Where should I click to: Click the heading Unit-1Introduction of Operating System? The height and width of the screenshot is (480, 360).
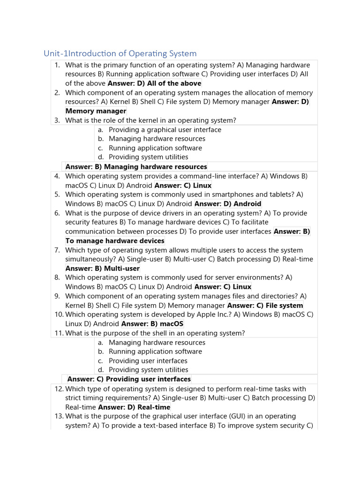(120, 53)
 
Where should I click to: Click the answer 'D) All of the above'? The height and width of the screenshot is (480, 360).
(154, 83)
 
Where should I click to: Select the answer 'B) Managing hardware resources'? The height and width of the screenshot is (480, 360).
(136, 167)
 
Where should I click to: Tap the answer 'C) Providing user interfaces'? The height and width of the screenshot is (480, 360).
(129, 379)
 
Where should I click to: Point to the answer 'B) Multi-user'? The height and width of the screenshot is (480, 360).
(102, 269)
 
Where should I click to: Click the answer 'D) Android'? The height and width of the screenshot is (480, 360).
(227, 204)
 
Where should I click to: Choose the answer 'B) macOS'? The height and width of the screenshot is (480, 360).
(152, 324)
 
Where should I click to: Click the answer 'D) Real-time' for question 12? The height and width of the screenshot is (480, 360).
(134, 407)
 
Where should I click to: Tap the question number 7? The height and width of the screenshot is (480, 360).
(57, 250)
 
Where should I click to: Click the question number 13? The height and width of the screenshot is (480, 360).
(59, 416)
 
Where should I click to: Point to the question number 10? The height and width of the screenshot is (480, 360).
(59, 315)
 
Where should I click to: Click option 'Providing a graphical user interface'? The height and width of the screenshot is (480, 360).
(165, 130)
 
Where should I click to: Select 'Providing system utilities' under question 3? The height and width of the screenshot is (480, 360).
(148, 157)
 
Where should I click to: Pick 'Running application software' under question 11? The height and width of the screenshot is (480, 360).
(155, 352)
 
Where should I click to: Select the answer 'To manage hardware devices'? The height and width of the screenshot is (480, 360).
(115, 241)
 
